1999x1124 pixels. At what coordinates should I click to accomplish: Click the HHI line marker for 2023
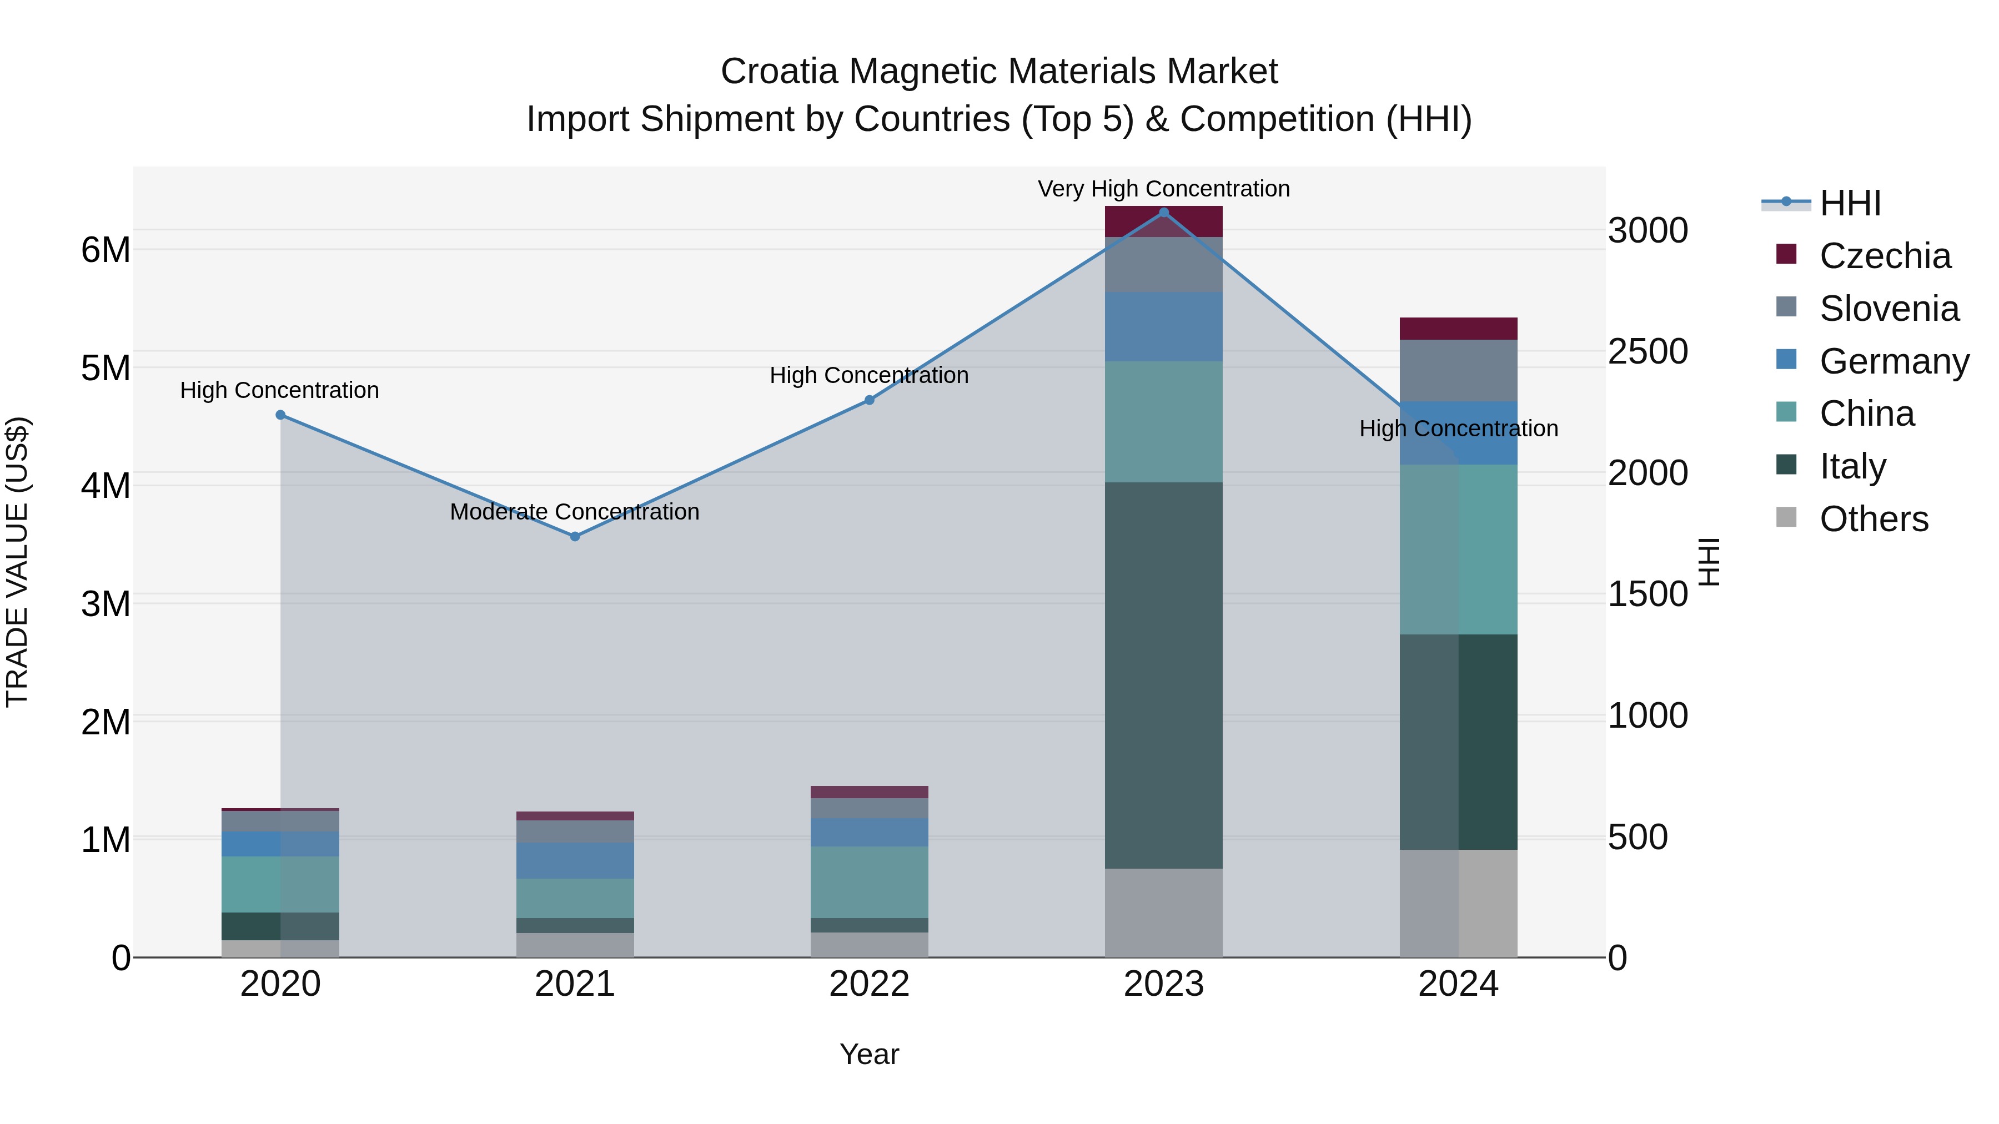[x=1163, y=212]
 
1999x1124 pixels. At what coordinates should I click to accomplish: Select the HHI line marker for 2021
[x=575, y=537]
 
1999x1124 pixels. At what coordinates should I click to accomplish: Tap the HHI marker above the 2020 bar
[x=281, y=415]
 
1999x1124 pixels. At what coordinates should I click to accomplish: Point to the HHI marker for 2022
[x=869, y=400]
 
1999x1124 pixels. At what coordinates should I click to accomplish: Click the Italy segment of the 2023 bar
[x=1163, y=675]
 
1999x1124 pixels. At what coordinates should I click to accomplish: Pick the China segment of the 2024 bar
[x=1458, y=549]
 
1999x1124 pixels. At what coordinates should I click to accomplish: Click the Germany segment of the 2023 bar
[x=1163, y=326]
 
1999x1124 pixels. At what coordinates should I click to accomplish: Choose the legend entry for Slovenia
[x=1889, y=309]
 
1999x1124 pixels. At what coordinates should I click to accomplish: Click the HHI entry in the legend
[x=1850, y=203]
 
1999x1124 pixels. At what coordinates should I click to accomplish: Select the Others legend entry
[x=1874, y=519]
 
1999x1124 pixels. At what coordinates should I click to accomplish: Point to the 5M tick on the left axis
[x=106, y=369]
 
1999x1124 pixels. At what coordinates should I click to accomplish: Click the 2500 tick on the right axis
[x=1648, y=351]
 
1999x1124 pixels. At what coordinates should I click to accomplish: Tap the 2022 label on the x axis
[x=869, y=984]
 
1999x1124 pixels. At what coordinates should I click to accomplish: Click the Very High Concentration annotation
[x=1163, y=189]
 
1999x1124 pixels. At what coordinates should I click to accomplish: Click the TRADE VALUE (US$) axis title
[x=17, y=562]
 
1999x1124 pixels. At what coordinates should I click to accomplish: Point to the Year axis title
[x=869, y=1054]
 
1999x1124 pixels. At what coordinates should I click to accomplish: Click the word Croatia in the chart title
[x=778, y=72]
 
